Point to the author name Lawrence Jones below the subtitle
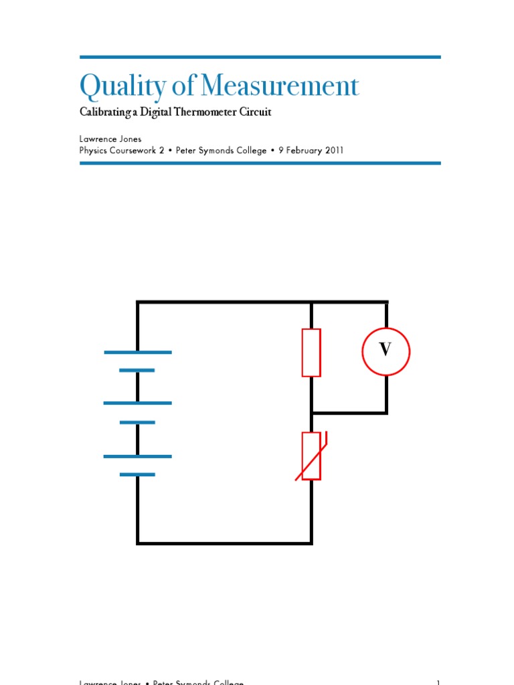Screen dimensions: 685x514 110,139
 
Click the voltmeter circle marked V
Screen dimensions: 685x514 385,351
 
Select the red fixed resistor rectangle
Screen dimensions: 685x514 311,353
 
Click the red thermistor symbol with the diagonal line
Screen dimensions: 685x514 311,456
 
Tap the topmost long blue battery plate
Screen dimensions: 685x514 138,353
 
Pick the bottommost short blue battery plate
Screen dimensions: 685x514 137,474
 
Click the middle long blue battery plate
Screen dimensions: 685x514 137,403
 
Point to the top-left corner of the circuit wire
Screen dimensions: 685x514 138,303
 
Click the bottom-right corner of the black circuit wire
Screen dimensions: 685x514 311,543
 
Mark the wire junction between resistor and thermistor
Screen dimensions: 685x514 311,413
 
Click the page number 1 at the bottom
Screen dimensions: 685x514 438,681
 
